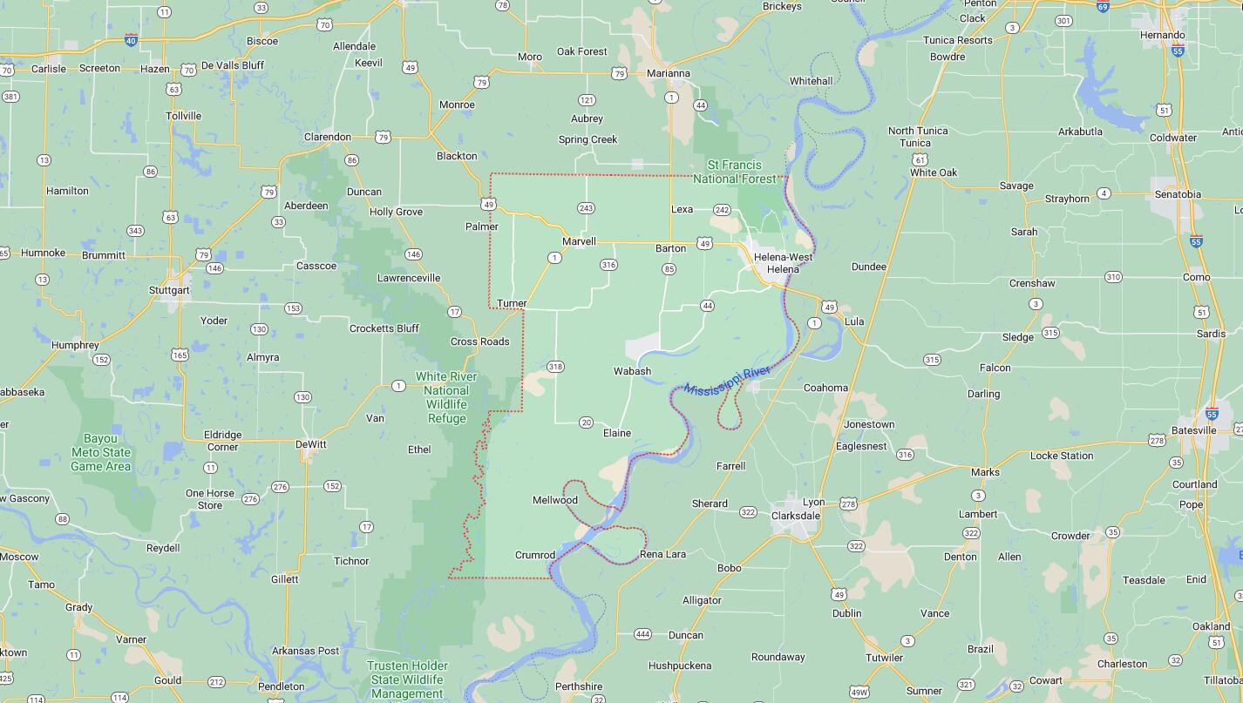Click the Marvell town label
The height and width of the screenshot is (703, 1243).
(x=579, y=241)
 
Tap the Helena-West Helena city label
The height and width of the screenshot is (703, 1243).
(x=782, y=263)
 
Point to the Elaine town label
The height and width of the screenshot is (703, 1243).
(x=616, y=433)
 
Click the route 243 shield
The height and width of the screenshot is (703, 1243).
(x=586, y=208)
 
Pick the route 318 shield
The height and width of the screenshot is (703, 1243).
(x=555, y=367)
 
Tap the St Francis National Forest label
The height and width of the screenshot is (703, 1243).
(x=734, y=172)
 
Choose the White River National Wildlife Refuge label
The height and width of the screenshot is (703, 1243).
(x=446, y=397)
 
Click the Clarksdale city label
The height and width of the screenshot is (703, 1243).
(x=795, y=516)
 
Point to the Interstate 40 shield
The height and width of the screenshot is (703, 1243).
(x=131, y=39)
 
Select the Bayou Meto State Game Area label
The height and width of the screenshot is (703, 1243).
(x=100, y=452)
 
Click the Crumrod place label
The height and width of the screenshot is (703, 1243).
(x=534, y=555)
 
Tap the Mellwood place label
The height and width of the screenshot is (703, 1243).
(x=555, y=500)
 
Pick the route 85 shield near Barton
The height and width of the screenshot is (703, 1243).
(x=669, y=269)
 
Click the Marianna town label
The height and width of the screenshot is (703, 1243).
(x=668, y=73)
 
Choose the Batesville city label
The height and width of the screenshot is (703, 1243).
(x=1193, y=430)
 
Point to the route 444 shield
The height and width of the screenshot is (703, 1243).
(x=642, y=634)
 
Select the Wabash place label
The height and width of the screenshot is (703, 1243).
(x=632, y=371)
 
